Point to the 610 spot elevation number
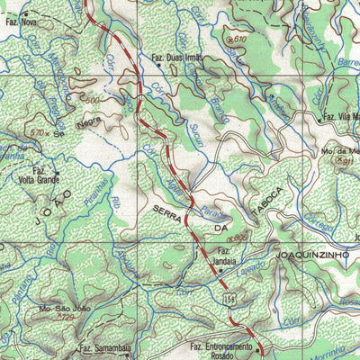pyautogui.click(x=238, y=40)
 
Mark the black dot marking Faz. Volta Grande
pyautogui.click(x=57, y=171)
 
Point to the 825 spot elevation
pyautogui.click(x=238, y=235)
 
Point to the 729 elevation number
pyautogui.click(x=65, y=317)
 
